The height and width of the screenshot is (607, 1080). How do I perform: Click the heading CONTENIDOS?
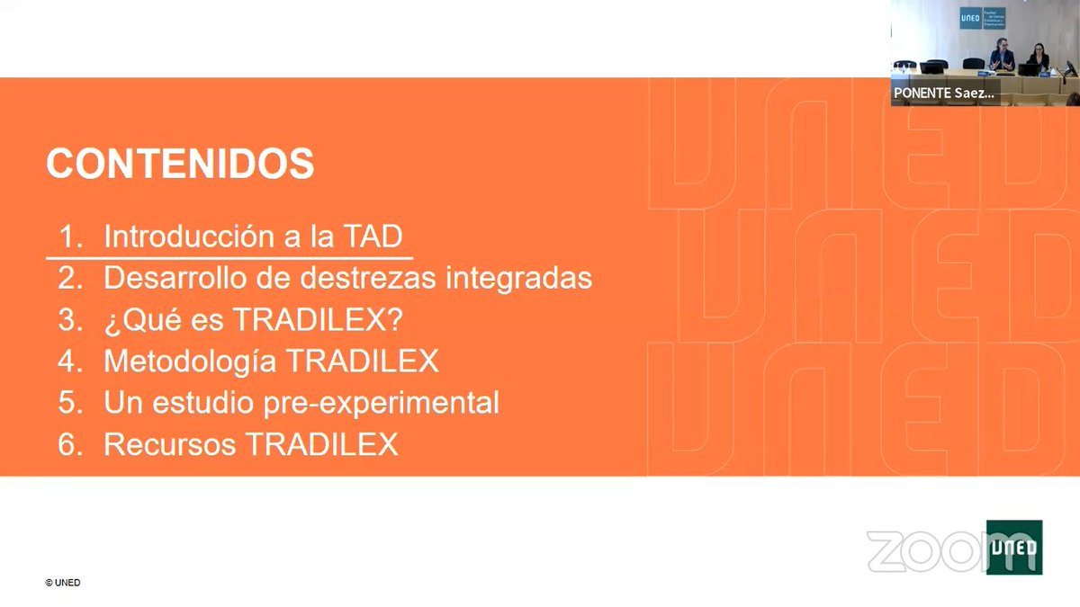[180, 165]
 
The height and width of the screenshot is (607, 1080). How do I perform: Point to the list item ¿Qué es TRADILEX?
[251, 319]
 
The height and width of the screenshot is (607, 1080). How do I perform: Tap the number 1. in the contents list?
[71, 237]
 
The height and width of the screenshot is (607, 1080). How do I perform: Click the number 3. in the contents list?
[71, 320]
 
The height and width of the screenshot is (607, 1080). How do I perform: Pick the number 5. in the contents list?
[71, 403]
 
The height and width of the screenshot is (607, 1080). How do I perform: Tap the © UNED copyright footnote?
[63, 583]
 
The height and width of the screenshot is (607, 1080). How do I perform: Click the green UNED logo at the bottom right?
[1014, 547]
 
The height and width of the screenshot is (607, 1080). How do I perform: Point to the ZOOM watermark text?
[927, 551]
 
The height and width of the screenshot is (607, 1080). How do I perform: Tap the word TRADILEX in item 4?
[363, 361]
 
